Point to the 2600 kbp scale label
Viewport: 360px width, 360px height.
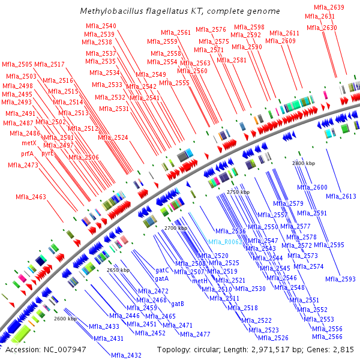click(x=65, y=319)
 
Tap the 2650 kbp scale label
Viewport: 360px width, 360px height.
click(x=118, y=270)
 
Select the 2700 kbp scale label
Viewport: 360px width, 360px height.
click(x=176, y=228)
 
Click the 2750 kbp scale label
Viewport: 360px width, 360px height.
click(x=238, y=191)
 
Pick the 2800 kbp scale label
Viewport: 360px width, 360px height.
click(x=304, y=163)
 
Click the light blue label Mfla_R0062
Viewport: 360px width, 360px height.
click(x=224, y=242)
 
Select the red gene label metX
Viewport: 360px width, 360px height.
click(x=29, y=143)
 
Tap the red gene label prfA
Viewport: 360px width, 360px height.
click(x=28, y=154)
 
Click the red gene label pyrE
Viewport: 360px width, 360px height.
click(x=47, y=153)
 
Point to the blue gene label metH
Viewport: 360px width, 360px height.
click(x=200, y=280)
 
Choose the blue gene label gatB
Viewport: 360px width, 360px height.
click(x=178, y=304)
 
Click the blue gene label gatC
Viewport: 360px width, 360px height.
click(x=162, y=271)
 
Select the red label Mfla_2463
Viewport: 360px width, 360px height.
click(x=31, y=197)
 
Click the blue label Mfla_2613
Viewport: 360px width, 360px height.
click(x=341, y=196)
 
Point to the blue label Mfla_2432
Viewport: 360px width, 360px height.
click(x=126, y=355)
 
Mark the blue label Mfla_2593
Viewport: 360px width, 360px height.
click(x=341, y=279)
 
